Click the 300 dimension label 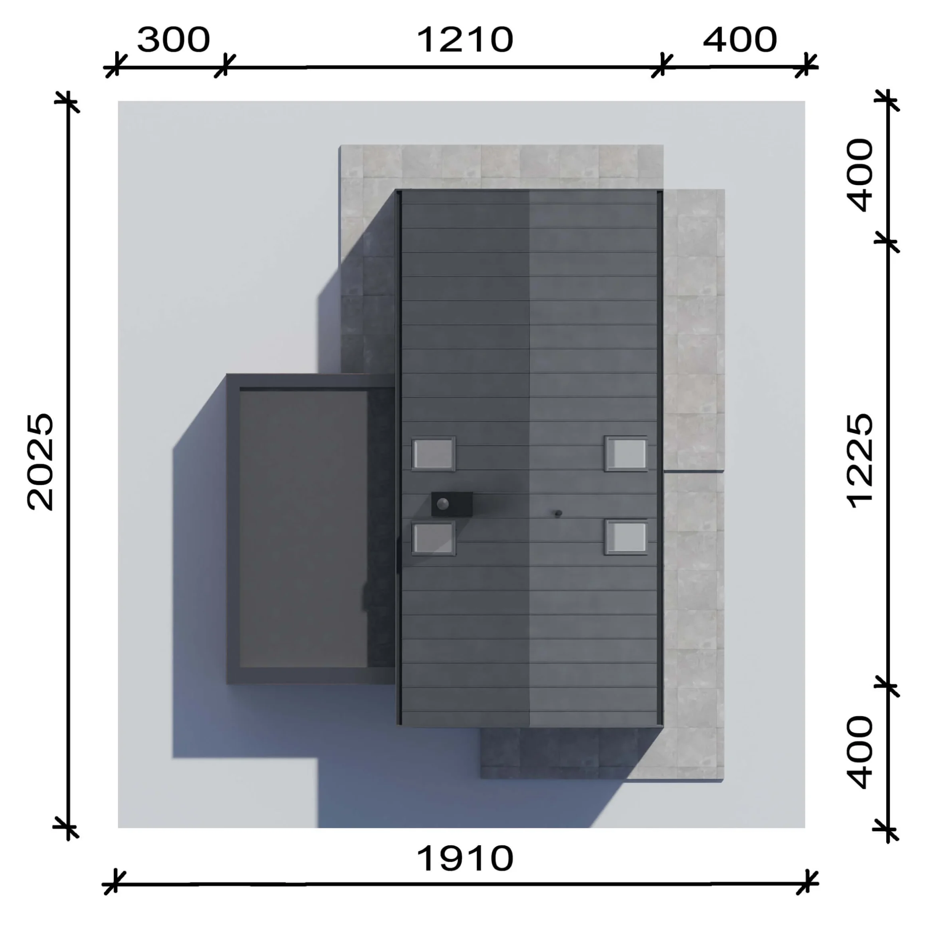coord(173,40)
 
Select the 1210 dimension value coord(465,40)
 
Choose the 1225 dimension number coord(860,461)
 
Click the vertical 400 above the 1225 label coord(860,175)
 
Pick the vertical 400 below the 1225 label coord(860,752)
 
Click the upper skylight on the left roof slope coord(434,454)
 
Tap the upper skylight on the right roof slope coord(626,454)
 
